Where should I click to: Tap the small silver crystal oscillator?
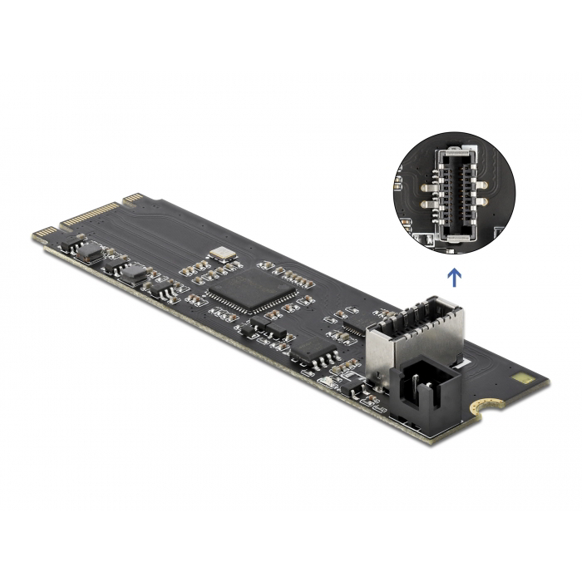pyautogui.click(x=223, y=254)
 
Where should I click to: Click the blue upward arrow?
pyautogui.click(x=454, y=275)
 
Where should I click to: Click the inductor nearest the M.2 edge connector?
pyautogui.click(x=91, y=253)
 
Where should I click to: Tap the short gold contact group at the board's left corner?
pyautogui.click(x=45, y=233)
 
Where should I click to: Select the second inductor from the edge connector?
pyautogui.click(x=135, y=275)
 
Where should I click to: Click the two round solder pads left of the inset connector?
pyautogui.click(x=426, y=193)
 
